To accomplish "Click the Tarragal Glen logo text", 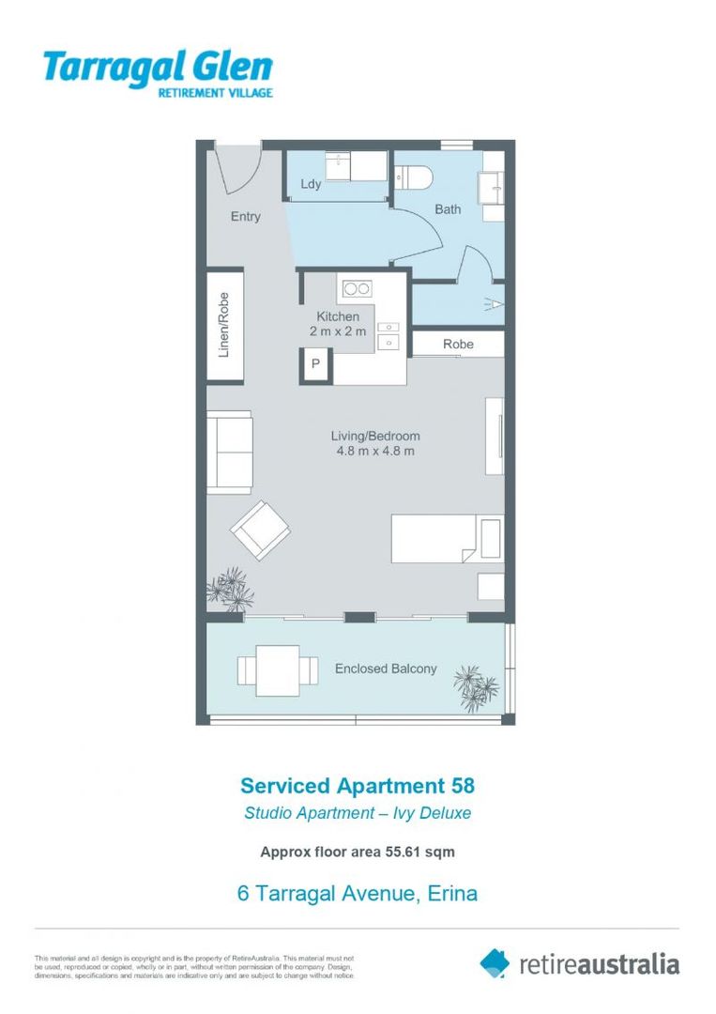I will tap(157, 69).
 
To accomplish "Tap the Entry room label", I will tap(245, 217).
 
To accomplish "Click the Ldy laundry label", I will tap(311, 184).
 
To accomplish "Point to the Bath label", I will tap(448, 209).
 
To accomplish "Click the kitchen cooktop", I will tap(356, 288).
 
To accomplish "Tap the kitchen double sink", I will tap(388, 335).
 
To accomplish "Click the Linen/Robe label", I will tap(224, 325).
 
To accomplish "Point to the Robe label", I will tap(458, 345).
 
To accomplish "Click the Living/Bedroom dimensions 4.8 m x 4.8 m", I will tap(375, 452).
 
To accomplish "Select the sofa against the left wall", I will tap(229, 452).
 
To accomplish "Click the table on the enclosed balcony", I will tap(277, 669).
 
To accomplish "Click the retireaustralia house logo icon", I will tap(495, 962).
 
